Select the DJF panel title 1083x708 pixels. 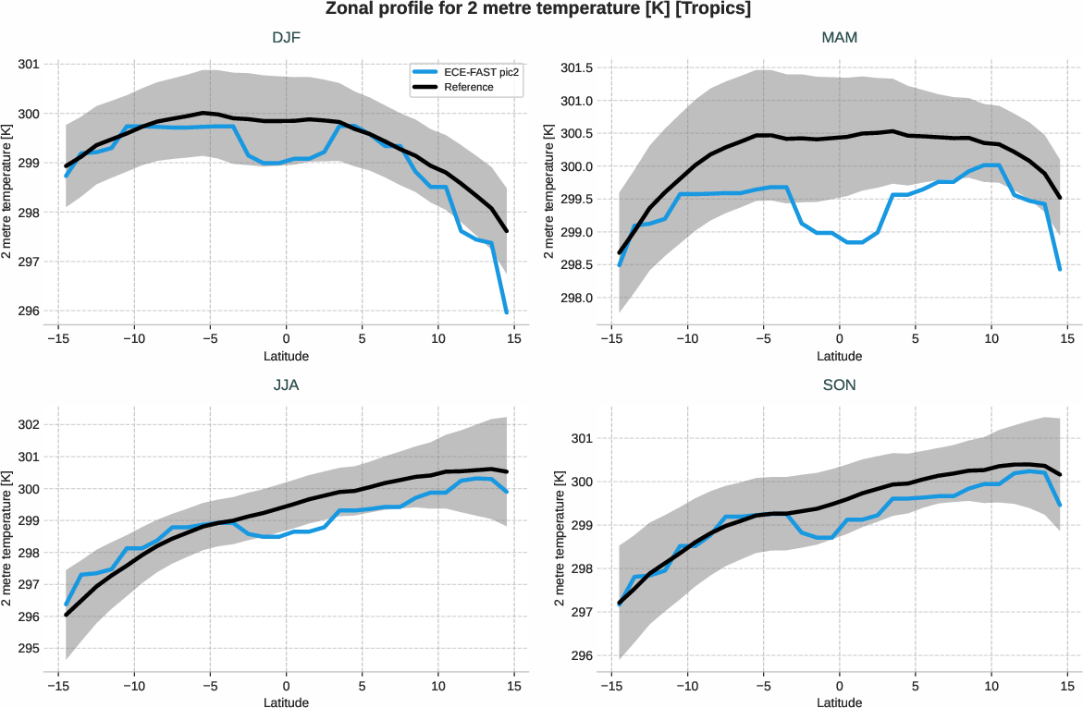286,38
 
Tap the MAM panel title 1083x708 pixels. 839,38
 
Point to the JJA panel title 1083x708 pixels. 286,385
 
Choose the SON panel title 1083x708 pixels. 839,385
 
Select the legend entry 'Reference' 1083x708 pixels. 468,87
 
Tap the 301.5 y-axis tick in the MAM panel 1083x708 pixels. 576,67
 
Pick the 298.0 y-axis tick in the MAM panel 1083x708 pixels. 576,299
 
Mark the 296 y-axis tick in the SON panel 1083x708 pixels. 581,656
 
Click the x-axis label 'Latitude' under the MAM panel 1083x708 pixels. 839,356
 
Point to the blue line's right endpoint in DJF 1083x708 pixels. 507,312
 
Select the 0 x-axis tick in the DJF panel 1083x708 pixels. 286,338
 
